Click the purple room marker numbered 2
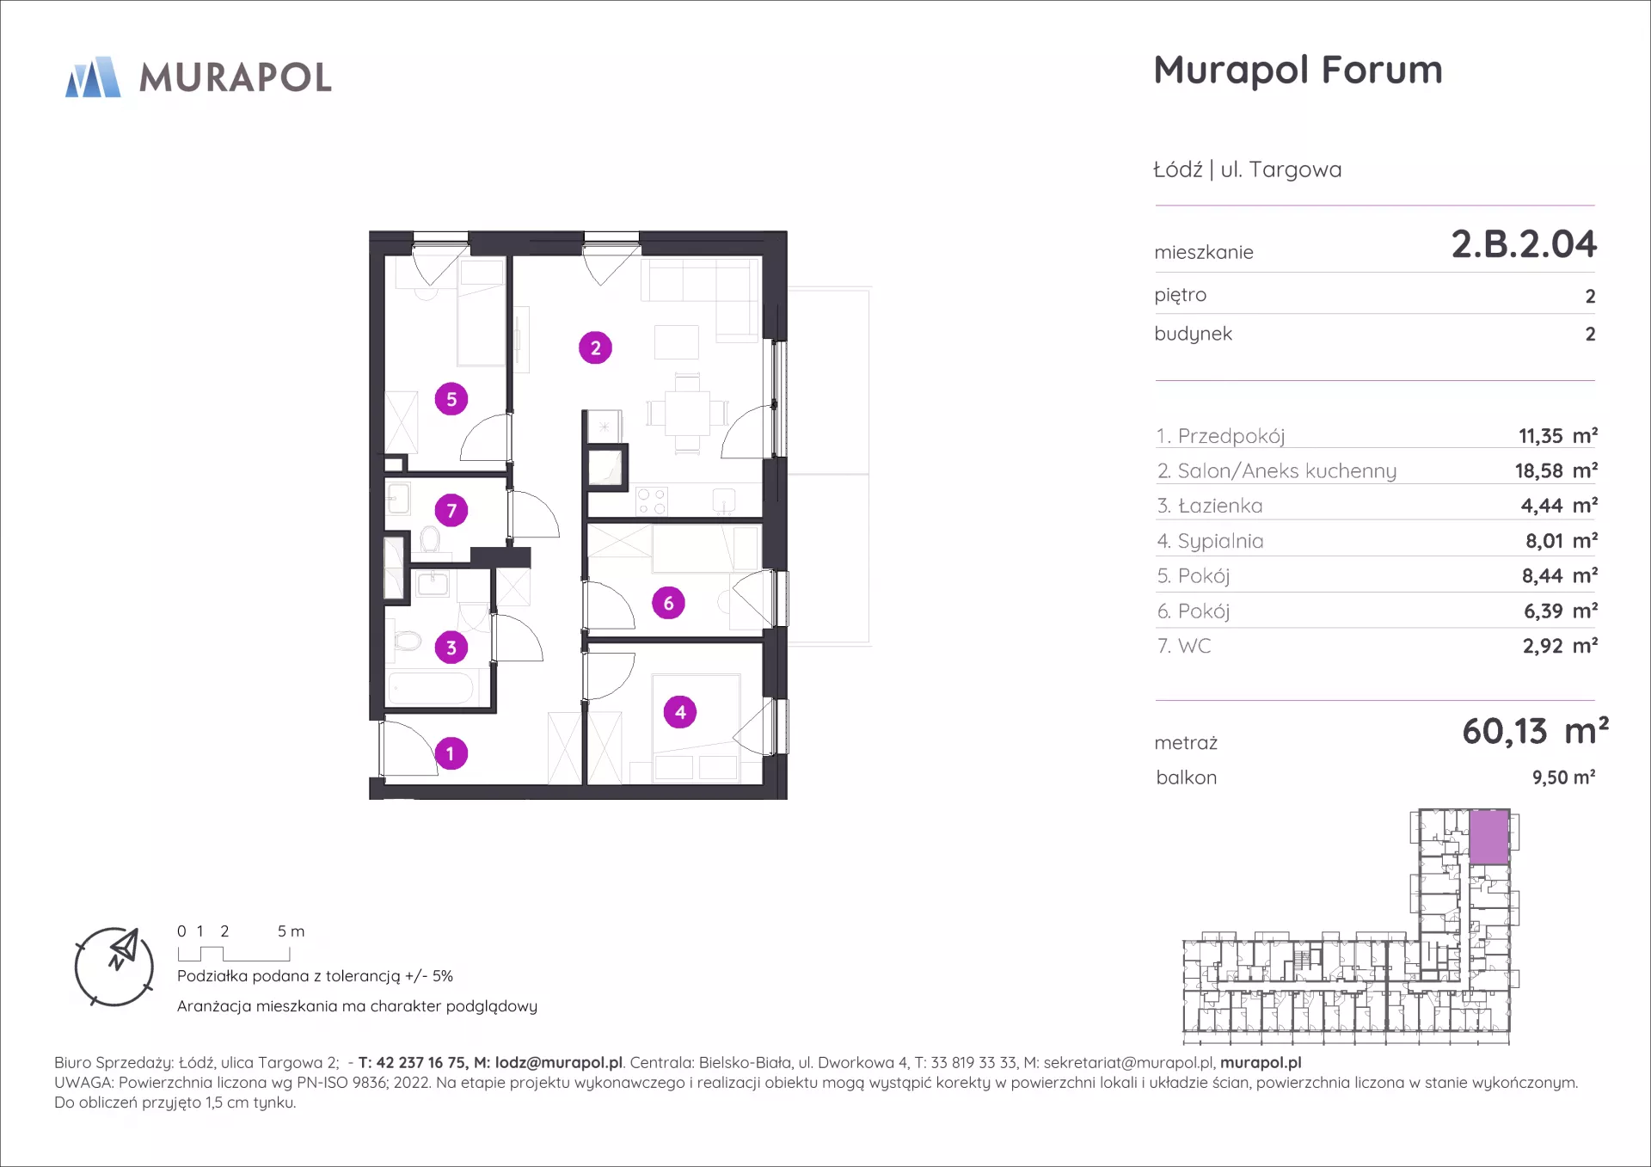595,348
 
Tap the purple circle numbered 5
451,399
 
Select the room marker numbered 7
451,511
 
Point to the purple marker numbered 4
680,712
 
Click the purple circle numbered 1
451,754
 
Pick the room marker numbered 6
668,604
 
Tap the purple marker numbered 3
451,648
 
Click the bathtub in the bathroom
431,689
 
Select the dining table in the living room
687,414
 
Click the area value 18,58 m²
1556,470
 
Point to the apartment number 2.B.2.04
1524,244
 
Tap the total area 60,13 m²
1535,731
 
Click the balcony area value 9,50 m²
1563,777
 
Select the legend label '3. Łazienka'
1210,506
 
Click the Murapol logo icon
93,77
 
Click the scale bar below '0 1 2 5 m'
234,954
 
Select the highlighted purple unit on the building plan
1488,836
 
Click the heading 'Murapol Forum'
1298,71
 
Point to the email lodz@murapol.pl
559,1063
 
